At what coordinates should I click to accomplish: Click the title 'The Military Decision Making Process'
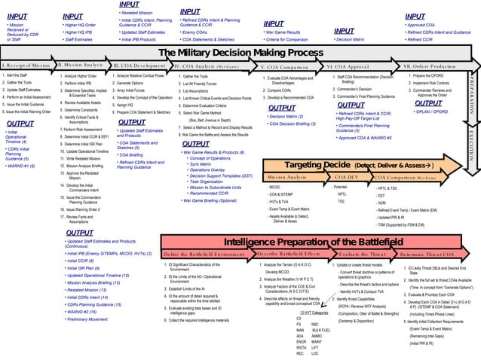239,53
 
